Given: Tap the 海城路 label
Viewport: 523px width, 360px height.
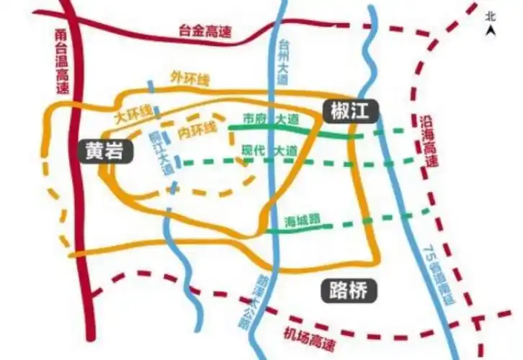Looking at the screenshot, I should (x=302, y=219).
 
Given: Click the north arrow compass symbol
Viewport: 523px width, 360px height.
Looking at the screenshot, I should (x=491, y=30).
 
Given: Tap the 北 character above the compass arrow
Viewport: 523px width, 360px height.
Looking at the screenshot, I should (x=491, y=15).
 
